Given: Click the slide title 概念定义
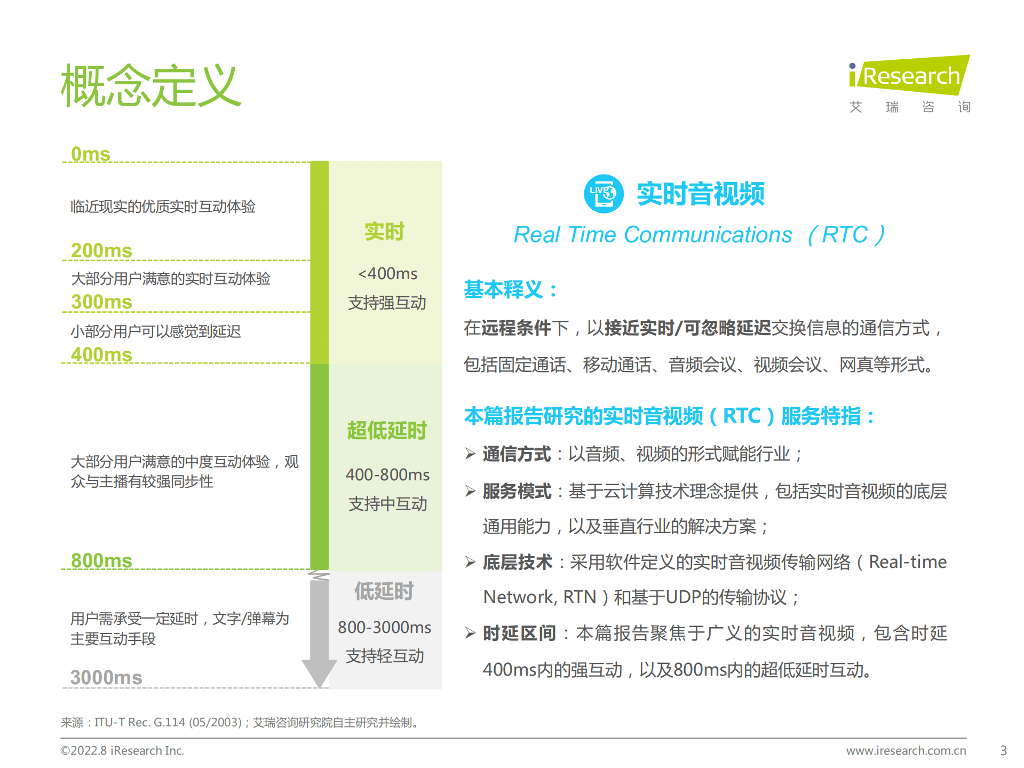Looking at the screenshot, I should [x=152, y=85].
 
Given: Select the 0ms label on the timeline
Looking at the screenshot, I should [x=90, y=154].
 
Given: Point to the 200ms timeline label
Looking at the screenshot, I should [x=101, y=251].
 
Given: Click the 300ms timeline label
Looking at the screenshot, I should [x=101, y=302].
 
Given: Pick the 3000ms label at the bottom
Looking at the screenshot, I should [x=106, y=678].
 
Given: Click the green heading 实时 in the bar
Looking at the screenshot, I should [x=384, y=232].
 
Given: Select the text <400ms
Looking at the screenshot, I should [x=387, y=274].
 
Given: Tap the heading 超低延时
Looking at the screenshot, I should [x=386, y=431].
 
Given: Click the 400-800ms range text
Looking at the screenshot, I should [x=387, y=474].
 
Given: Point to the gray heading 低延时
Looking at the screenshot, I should [x=384, y=591].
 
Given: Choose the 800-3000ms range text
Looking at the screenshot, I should [x=384, y=627].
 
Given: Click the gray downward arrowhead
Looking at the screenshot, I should [x=319, y=672].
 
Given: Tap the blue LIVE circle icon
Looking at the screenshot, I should [x=604, y=194].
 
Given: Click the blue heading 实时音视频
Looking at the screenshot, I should [x=700, y=194].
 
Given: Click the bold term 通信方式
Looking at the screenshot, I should [x=517, y=454].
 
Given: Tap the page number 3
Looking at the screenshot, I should [x=1003, y=750].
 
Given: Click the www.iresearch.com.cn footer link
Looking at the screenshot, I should [x=906, y=750].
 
